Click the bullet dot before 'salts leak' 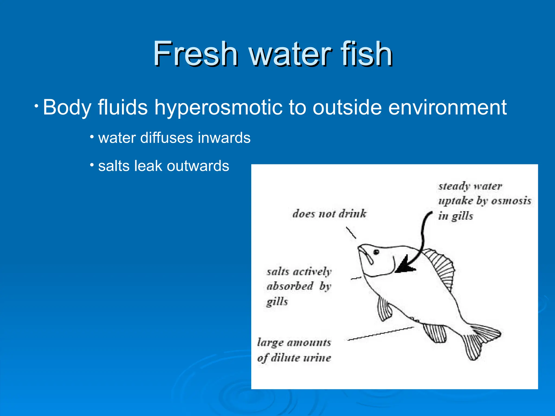point(92,164)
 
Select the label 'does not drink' point(329,214)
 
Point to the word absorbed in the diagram point(290,286)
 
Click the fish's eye point(376,252)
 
